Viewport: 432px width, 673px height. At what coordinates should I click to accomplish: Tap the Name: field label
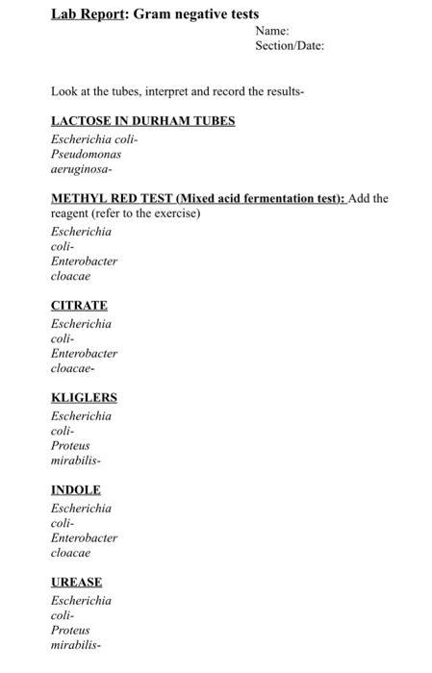pyautogui.click(x=272, y=32)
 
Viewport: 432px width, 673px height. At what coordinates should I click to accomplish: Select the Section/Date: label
pyautogui.click(x=290, y=46)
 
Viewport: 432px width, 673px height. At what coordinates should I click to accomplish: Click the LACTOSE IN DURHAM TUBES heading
pyautogui.click(x=142, y=121)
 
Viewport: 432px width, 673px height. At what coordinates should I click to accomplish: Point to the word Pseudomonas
pyautogui.click(x=86, y=154)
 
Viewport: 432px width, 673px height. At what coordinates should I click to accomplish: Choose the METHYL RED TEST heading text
pyautogui.click(x=197, y=199)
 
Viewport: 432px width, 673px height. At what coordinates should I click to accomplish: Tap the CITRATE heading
pyautogui.click(x=79, y=306)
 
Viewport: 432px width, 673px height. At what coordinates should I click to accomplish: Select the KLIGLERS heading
pyautogui.click(x=84, y=398)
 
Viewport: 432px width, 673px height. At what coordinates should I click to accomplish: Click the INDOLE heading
pyautogui.click(x=75, y=490)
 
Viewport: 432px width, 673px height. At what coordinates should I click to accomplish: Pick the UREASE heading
pyautogui.click(x=76, y=583)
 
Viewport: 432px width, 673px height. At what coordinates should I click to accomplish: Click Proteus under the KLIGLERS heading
pyautogui.click(x=69, y=446)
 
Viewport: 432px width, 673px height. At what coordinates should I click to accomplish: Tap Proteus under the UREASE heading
pyautogui.click(x=69, y=631)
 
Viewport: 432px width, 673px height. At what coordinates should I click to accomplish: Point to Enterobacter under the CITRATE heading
pyautogui.click(x=84, y=354)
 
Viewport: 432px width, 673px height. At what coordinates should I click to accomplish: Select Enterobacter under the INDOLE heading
pyautogui.click(x=84, y=538)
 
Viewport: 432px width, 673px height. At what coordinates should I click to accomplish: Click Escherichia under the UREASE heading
pyautogui.click(x=81, y=601)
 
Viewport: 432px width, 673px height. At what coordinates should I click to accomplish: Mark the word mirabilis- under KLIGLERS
pyautogui.click(x=75, y=461)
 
